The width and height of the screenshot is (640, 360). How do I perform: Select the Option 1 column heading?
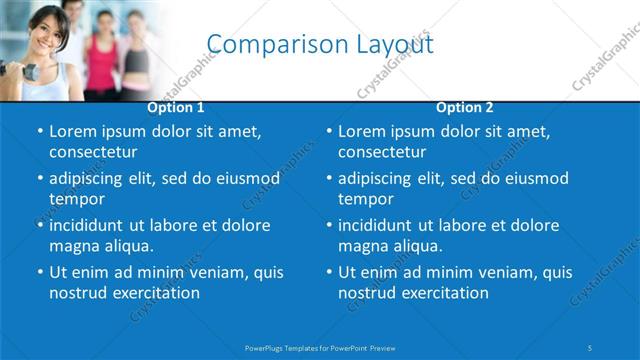(x=176, y=106)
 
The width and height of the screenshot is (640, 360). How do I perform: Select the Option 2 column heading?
(x=465, y=106)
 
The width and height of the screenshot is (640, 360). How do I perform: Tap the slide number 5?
(x=590, y=347)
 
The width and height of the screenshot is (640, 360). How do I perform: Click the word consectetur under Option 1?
(x=93, y=152)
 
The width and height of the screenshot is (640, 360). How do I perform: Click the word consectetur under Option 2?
(x=382, y=152)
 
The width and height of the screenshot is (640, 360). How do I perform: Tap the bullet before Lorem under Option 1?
(x=39, y=132)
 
